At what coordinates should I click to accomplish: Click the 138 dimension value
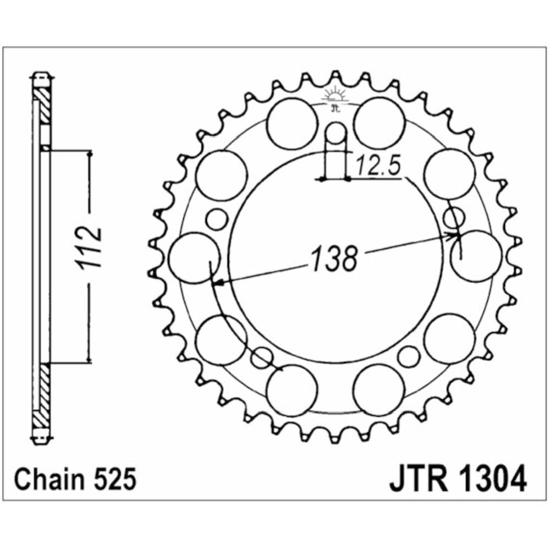334,259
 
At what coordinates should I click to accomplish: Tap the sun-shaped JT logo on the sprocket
336,98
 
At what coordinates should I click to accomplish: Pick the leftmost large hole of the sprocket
194,258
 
